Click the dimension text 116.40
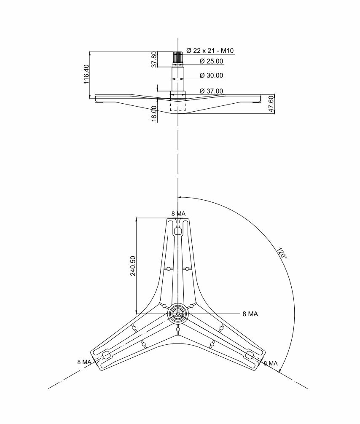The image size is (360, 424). [x=86, y=74]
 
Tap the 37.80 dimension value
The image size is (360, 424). [x=154, y=59]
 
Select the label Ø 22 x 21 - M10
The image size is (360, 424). [x=210, y=51]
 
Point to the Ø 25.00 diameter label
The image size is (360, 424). [x=211, y=61]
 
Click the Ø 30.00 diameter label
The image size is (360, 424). [x=211, y=75]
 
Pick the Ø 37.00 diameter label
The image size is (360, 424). [x=211, y=91]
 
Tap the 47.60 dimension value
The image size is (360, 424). [x=271, y=104]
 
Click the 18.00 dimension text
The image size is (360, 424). [x=154, y=113]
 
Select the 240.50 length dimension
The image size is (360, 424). [x=133, y=266]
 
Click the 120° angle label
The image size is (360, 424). [x=282, y=252]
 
